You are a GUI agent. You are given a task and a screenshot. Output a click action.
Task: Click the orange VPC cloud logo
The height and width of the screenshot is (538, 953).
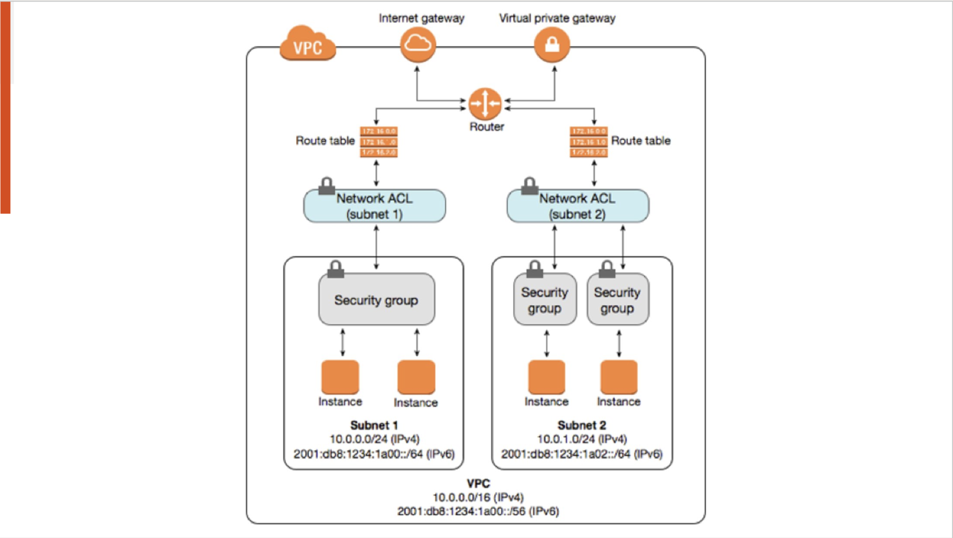pyautogui.click(x=308, y=44)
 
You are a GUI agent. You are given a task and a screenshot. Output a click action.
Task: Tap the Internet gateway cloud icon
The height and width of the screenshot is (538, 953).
pyautogui.click(x=418, y=44)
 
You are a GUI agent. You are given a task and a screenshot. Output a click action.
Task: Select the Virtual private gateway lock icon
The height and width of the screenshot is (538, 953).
pyautogui.click(x=552, y=44)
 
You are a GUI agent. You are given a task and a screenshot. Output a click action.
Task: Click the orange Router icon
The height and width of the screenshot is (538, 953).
pyautogui.click(x=485, y=103)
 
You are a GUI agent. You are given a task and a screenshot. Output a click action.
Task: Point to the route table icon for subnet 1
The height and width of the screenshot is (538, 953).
pyautogui.click(x=378, y=142)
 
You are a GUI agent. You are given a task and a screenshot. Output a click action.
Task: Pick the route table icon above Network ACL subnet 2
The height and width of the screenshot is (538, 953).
pyautogui.click(x=588, y=142)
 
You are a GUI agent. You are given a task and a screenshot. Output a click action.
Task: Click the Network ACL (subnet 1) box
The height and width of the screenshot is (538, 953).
pyautogui.click(x=375, y=206)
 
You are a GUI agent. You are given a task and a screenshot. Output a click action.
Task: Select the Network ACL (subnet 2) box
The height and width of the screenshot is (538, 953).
pyautogui.click(x=577, y=206)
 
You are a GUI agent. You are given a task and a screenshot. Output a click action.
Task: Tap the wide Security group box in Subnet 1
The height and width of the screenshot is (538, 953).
pyautogui.click(x=376, y=300)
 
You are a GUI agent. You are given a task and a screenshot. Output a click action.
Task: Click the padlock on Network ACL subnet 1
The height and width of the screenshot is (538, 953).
pyautogui.click(x=326, y=186)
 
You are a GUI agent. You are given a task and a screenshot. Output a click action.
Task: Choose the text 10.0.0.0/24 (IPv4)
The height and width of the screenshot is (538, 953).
pyautogui.click(x=375, y=439)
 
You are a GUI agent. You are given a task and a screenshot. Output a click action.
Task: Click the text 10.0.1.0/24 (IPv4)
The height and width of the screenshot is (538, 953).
pyautogui.click(x=582, y=439)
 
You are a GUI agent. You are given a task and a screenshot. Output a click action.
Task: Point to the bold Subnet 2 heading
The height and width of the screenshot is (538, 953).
pyautogui.click(x=582, y=425)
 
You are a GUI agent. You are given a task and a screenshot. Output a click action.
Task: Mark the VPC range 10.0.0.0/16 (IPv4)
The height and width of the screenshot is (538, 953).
pyautogui.click(x=478, y=498)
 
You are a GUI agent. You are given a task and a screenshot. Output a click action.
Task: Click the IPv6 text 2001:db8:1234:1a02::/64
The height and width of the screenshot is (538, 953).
pyautogui.click(x=582, y=454)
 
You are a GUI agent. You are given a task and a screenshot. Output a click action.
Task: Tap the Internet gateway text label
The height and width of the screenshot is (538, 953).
pyautogui.click(x=421, y=18)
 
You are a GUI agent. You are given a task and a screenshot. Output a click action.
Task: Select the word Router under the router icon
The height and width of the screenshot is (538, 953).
pyautogui.click(x=486, y=127)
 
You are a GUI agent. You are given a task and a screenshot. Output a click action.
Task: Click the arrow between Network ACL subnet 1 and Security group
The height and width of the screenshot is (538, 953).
pyautogui.click(x=377, y=247)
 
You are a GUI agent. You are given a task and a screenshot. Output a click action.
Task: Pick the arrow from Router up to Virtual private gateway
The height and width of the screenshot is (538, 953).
pyautogui.click(x=555, y=83)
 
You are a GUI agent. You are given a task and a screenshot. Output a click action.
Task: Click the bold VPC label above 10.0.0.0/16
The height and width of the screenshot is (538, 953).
pyautogui.click(x=478, y=483)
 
